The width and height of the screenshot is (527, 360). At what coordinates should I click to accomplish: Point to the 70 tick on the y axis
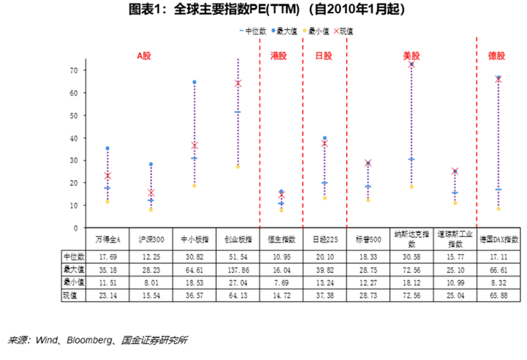(x=53, y=70)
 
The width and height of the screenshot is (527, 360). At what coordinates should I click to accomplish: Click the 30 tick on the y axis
(x=53, y=160)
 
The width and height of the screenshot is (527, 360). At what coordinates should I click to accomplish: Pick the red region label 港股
(x=280, y=56)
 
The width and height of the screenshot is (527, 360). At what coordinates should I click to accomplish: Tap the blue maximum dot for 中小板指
(x=194, y=82)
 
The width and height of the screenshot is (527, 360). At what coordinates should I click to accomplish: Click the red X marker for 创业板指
(x=238, y=83)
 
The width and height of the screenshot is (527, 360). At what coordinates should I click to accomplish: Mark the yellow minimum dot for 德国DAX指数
(x=498, y=209)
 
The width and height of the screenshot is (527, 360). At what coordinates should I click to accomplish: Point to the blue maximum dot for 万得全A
(x=108, y=149)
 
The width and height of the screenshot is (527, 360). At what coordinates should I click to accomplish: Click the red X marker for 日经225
(x=324, y=143)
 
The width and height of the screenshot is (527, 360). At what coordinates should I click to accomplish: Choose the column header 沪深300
(x=151, y=239)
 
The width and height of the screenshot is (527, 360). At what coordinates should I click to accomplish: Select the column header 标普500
(x=367, y=239)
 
